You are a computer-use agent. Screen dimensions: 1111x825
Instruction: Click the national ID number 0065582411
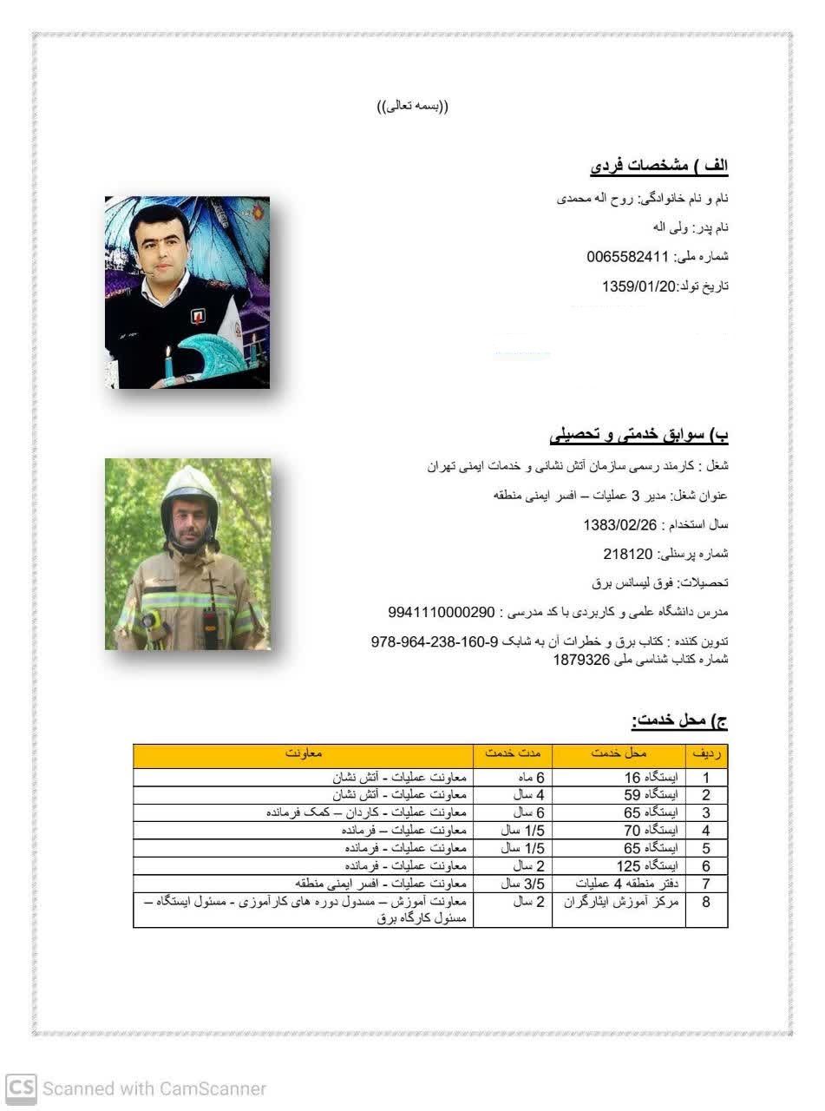pyautogui.click(x=627, y=257)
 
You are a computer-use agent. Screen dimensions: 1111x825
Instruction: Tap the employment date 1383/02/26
pyautogui.click(x=620, y=525)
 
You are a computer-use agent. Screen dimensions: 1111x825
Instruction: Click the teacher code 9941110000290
pyautogui.click(x=442, y=612)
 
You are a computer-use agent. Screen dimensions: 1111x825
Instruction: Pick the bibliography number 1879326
pyautogui.click(x=582, y=659)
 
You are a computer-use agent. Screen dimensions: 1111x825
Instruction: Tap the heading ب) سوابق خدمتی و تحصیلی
pyautogui.click(x=639, y=433)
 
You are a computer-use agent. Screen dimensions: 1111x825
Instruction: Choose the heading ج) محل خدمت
pyautogui.click(x=679, y=720)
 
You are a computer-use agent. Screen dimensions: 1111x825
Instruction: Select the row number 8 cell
pyautogui.click(x=706, y=903)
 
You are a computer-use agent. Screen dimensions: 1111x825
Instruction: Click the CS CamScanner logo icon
pyautogui.click(x=21, y=1088)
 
